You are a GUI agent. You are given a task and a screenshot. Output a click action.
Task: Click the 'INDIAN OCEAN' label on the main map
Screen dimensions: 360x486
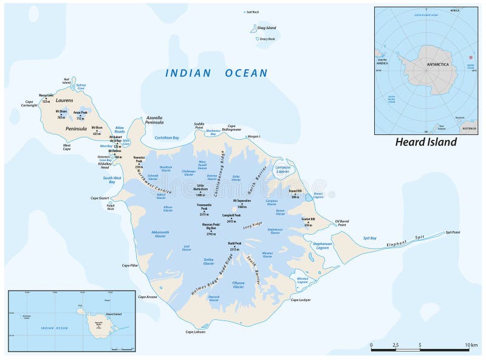coord(217,73)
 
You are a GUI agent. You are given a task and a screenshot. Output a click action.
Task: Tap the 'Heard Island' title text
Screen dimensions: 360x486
coord(426,142)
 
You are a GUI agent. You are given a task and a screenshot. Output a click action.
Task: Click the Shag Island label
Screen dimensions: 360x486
coord(267,27)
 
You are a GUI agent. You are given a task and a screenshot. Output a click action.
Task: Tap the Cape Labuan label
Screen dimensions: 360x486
coord(196,331)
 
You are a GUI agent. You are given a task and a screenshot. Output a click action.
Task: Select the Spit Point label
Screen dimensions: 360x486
coord(453,232)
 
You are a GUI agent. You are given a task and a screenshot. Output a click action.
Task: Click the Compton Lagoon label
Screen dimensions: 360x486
coord(282,169)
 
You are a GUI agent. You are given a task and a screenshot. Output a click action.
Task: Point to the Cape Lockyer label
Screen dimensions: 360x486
coord(300,300)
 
